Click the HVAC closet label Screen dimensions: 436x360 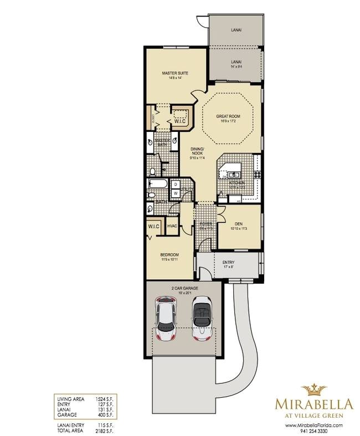point(172,226)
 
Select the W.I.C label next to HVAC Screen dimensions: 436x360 point(153,226)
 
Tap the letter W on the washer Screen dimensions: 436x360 point(174,193)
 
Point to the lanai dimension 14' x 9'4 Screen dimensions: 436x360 point(236,66)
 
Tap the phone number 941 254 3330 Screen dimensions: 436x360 point(315,430)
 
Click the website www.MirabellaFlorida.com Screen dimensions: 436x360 point(315,425)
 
